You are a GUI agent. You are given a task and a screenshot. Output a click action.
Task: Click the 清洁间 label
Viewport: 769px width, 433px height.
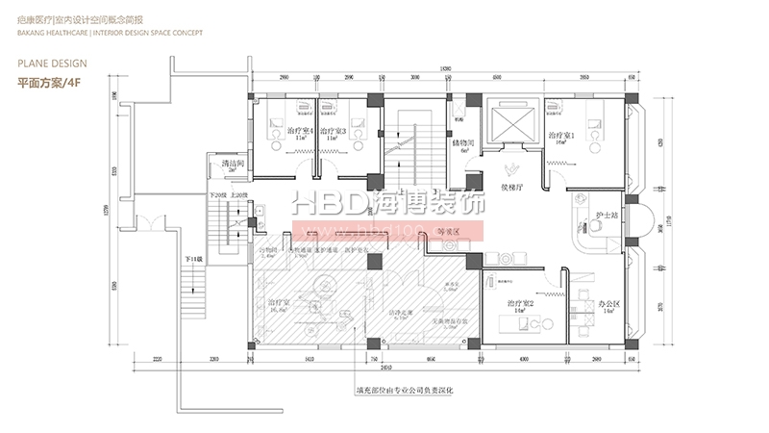[232, 165]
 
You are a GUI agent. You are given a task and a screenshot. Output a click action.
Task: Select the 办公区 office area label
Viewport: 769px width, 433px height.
[608, 304]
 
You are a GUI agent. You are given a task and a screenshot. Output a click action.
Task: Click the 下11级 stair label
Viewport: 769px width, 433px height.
[195, 260]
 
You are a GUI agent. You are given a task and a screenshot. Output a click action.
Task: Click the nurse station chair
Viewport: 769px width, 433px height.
[594, 225]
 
